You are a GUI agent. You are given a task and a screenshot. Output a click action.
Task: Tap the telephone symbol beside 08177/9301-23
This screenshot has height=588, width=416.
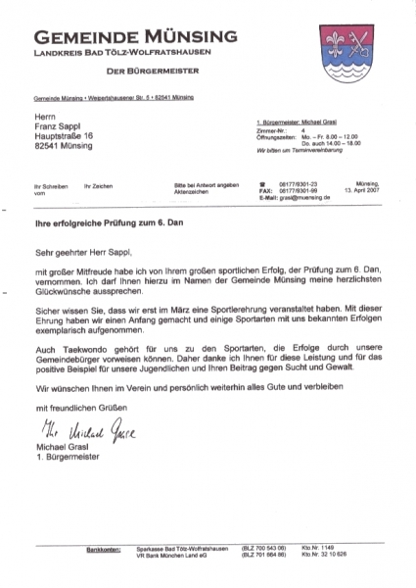point(262,184)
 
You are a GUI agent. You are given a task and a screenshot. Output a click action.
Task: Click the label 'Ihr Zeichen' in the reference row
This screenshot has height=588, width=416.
point(98,185)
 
